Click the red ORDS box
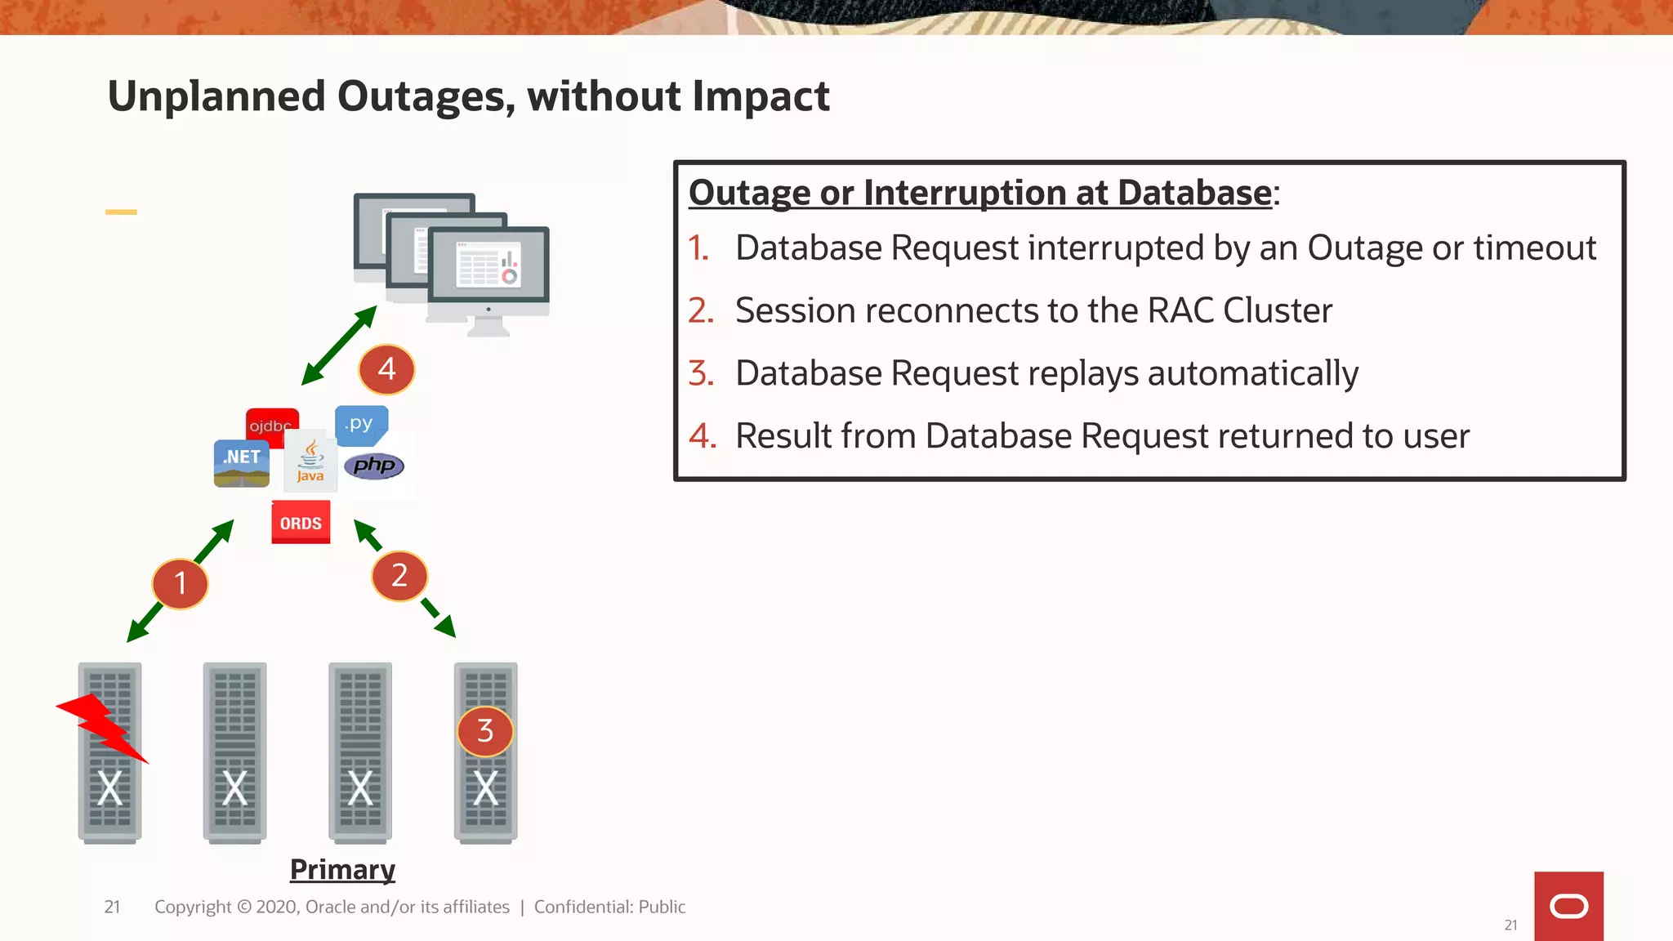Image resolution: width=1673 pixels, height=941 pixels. [301, 523]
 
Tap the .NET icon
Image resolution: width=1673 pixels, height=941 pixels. [242, 463]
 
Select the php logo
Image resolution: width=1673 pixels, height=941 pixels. [374, 466]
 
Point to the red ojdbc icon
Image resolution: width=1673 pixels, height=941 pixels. [272, 422]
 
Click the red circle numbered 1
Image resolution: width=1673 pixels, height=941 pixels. [180, 583]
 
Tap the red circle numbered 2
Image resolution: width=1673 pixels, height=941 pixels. [399, 576]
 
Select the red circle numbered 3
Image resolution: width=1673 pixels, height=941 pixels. [485, 731]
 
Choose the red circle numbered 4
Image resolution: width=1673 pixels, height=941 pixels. [386, 369]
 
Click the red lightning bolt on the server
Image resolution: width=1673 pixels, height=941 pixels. [103, 727]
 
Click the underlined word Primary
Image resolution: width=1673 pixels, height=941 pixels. [342, 869]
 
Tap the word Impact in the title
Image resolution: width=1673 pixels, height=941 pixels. [761, 96]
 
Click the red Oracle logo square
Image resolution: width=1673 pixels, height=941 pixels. [1568, 906]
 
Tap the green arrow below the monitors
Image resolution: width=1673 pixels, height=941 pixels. [339, 345]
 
